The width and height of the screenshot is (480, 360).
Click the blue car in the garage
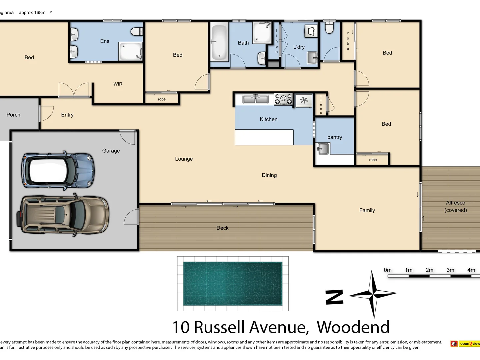58,170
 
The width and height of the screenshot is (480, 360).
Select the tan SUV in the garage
63,214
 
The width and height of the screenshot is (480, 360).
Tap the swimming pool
233,284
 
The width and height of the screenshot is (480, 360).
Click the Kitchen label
268,119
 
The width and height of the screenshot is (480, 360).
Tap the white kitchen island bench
264,137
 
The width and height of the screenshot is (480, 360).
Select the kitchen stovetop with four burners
283,99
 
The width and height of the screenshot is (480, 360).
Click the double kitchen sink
255,99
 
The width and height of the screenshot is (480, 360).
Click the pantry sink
323,148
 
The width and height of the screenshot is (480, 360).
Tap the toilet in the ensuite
137,32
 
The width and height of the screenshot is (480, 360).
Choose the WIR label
118,84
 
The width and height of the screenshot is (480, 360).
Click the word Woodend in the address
353,327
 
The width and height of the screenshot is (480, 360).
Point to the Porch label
13,115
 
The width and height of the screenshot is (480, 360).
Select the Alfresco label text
455,203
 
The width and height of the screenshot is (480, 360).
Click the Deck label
222,228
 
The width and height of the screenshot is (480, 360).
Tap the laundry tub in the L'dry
312,58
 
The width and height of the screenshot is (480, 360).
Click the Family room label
367,210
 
